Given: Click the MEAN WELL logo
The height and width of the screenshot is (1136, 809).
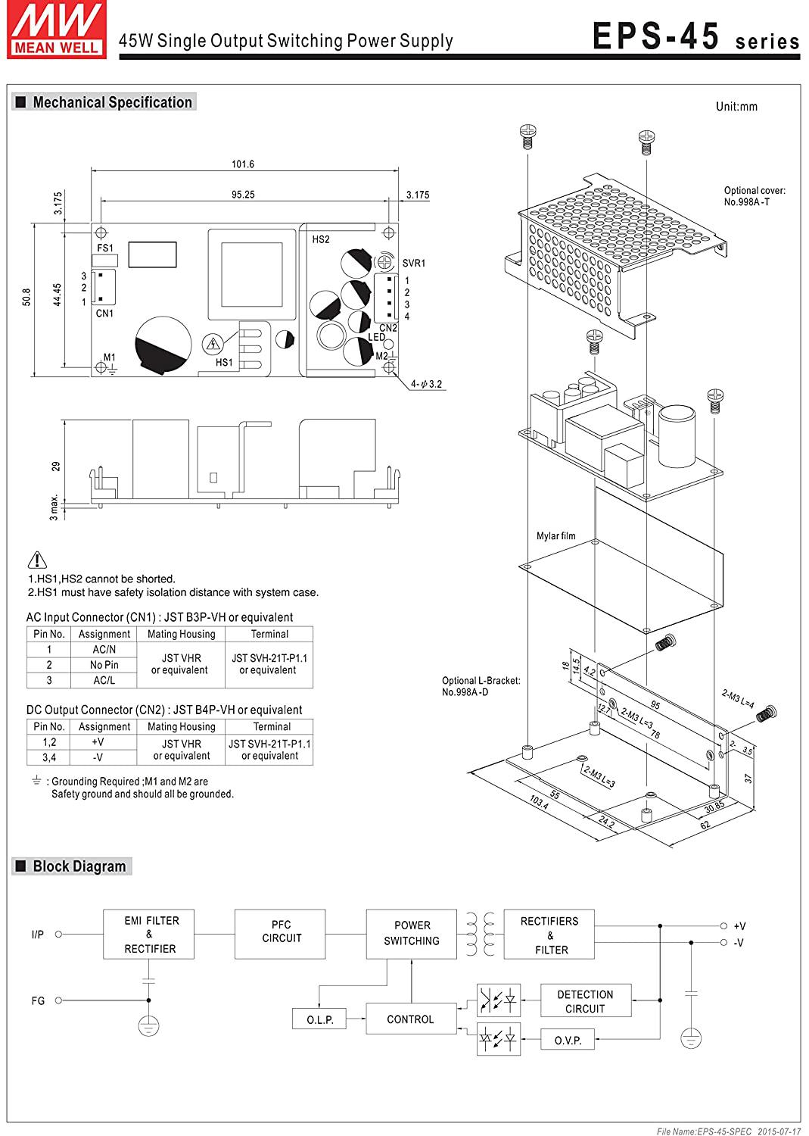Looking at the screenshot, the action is tap(57, 30).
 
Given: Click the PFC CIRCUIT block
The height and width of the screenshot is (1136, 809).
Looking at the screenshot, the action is tap(280, 934).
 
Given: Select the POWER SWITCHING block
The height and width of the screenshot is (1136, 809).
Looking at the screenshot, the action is tap(412, 934).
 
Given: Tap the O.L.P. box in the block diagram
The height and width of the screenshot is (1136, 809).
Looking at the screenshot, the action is tap(319, 1019).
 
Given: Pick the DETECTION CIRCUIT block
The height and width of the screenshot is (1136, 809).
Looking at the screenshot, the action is tap(586, 1000).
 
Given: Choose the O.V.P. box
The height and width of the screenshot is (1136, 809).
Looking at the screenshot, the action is tap(568, 1039).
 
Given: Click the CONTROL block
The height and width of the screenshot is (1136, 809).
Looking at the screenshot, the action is tap(411, 1019).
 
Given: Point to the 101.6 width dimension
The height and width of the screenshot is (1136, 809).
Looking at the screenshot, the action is tap(243, 164).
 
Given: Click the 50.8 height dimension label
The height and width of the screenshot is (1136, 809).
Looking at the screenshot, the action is tap(26, 297).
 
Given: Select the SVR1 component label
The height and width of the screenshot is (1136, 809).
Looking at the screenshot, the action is tap(414, 264).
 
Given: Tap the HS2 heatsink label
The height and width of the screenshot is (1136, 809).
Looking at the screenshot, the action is tap(321, 239).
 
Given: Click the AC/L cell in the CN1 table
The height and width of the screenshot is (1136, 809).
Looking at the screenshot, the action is tap(104, 680).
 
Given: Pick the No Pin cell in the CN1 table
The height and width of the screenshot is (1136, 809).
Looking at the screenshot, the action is tap(104, 665).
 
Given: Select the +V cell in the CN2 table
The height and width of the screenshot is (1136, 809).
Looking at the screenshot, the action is tap(98, 742).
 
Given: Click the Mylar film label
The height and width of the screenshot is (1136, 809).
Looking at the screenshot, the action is tap(556, 535).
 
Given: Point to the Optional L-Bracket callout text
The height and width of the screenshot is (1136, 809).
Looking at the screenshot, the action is tap(481, 686).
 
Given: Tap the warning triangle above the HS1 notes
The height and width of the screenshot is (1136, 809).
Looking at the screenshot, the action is tap(37, 560).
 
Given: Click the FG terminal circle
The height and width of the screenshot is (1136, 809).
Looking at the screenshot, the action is tap(58, 1000).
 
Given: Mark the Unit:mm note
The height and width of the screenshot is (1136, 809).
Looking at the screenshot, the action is tap(736, 107).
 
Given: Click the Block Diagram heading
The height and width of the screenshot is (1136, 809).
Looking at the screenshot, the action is tap(79, 866).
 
